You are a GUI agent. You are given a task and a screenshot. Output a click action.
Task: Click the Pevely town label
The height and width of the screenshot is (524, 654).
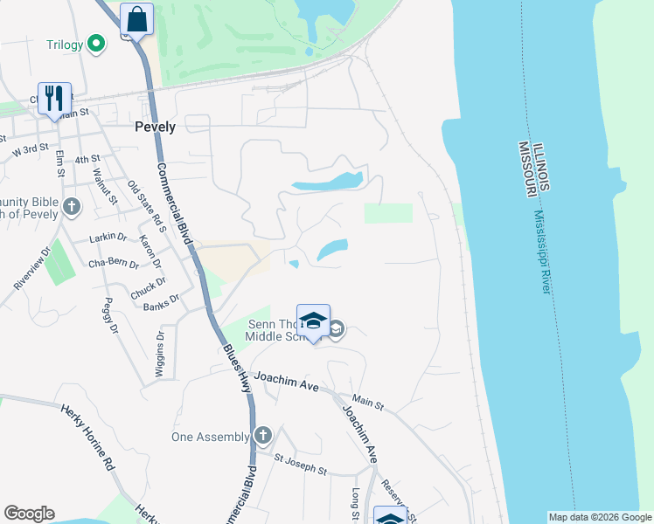156,127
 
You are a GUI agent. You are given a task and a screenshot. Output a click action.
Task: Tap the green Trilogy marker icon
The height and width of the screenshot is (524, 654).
99,44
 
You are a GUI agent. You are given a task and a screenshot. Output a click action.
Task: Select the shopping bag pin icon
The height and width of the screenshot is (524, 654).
137,19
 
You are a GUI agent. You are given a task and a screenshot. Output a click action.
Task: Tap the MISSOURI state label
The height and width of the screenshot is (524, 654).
526,169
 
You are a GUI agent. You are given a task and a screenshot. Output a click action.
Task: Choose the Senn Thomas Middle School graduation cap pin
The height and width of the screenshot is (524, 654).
313,321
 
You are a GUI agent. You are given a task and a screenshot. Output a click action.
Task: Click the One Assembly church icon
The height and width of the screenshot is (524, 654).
262,437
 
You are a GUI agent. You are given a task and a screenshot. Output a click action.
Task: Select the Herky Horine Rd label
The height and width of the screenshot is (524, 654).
87,436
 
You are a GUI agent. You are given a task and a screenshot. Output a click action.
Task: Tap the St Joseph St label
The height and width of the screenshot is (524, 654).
300,464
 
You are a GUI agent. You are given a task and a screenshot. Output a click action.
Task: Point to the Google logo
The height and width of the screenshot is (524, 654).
29,514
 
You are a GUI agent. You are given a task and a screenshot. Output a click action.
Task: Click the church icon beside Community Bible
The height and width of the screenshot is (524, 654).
71,207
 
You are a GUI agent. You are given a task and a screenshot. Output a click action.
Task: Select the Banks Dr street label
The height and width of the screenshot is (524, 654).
161,302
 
